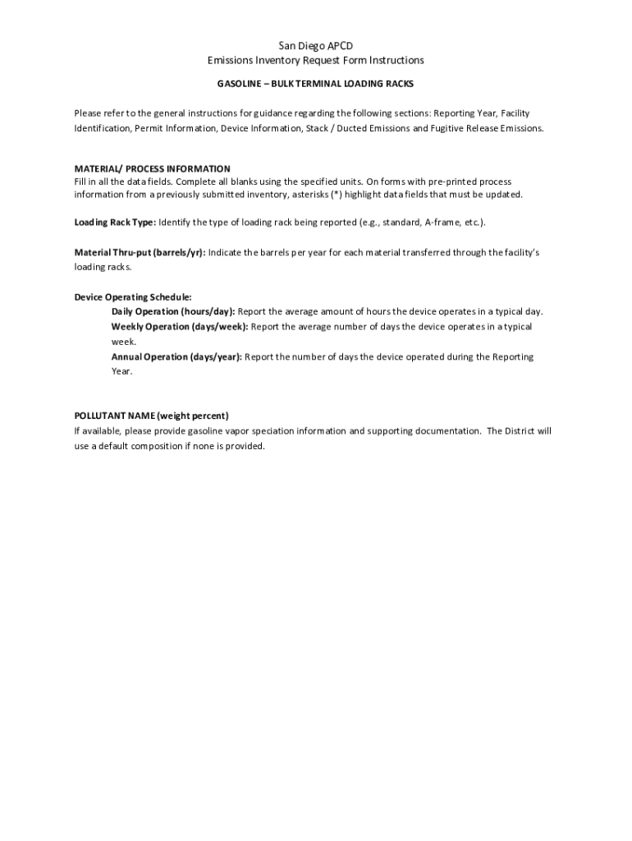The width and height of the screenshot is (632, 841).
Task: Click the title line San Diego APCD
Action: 316,46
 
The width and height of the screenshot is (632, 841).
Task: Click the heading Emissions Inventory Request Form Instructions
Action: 316,61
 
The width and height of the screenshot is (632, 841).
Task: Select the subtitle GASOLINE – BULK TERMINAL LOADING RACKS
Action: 315,84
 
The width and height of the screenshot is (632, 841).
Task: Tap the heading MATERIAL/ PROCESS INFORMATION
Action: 152,168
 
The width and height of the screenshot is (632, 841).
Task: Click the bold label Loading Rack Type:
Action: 115,223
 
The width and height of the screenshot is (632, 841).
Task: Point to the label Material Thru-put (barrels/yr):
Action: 140,252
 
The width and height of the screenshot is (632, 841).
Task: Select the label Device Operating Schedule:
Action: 133,296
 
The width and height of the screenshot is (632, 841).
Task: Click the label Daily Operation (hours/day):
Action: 173,311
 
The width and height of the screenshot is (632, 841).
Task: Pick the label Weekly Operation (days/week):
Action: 180,327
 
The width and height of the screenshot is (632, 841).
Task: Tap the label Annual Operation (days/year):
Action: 176,356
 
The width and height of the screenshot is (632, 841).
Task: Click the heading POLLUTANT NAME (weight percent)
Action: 151,416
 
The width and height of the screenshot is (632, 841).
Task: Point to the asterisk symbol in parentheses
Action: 333,195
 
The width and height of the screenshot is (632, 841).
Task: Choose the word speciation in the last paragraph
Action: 269,430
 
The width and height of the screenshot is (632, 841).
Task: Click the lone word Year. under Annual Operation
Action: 121,371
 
